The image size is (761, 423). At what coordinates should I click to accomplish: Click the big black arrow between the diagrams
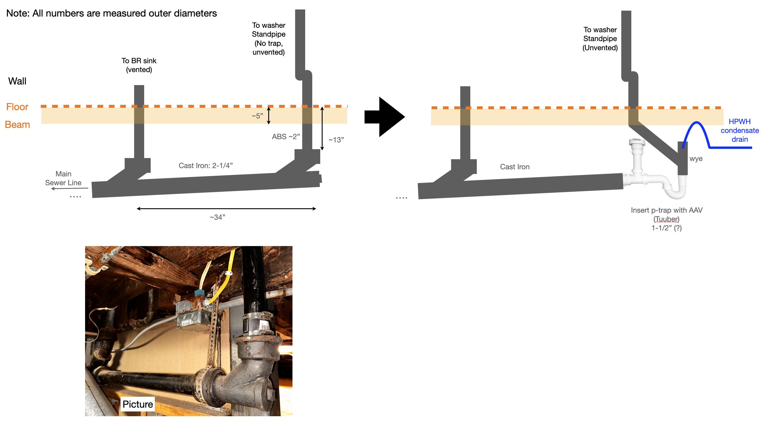(384, 117)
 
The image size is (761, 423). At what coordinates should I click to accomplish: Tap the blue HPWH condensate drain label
(739, 130)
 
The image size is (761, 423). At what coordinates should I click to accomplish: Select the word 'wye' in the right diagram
(696, 159)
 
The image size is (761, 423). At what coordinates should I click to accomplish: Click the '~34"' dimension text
(217, 217)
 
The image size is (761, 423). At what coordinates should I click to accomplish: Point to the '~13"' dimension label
(336, 140)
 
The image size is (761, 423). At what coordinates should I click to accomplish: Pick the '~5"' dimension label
(257, 116)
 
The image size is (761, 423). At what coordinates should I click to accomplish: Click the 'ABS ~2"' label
(286, 136)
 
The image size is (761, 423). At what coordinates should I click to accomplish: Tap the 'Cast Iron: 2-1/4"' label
(206, 165)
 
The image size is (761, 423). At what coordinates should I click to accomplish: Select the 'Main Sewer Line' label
(63, 178)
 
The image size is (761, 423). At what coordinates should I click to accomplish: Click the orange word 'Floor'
(17, 107)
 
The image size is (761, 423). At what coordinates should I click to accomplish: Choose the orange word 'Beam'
(17, 125)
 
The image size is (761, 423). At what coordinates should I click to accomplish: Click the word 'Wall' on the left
(17, 81)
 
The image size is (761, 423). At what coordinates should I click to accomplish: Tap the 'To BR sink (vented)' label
(139, 65)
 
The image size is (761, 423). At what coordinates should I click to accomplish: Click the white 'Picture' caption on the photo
(138, 404)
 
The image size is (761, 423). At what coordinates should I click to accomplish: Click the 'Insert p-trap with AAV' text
(666, 210)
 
